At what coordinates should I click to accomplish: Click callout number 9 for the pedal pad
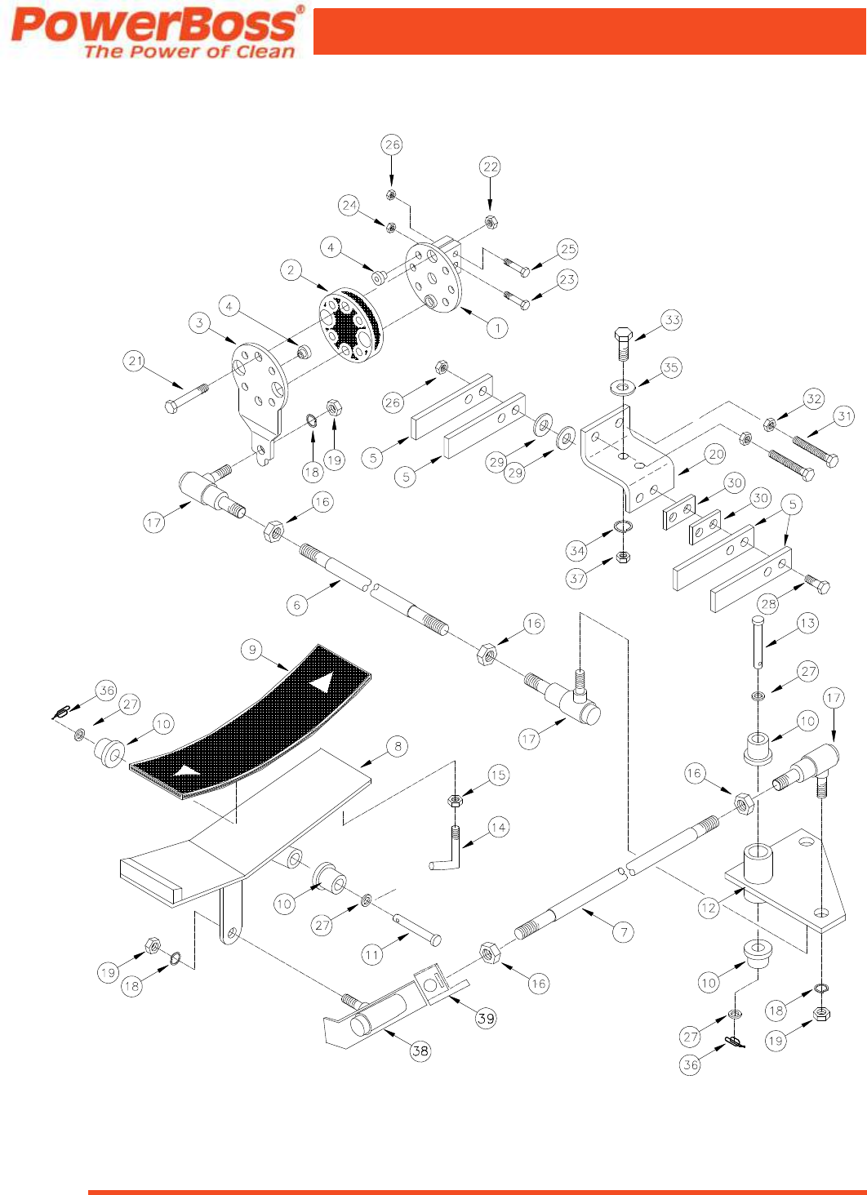(x=252, y=650)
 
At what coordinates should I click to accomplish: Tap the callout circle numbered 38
(x=420, y=1051)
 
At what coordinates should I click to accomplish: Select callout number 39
(x=486, y=1018)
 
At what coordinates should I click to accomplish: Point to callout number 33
(x=672, y=320)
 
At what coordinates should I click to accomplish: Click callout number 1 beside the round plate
(x=497, y=328)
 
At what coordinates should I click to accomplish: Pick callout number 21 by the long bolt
(x=135, y=361)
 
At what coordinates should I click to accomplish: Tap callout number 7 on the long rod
(x=623, y=932)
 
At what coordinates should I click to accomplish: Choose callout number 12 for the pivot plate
(x=709, y=908)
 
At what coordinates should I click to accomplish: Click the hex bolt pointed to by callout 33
(x=622, y=343)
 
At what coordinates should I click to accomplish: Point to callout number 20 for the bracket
(x=716, y=454)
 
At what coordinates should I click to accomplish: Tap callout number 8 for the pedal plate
(x=398, y=746)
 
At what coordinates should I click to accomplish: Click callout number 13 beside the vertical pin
(x=807, y=624)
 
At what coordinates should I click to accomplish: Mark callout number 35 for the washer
(x=670, y=367)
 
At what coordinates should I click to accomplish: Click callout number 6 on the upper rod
(x=297, y=605)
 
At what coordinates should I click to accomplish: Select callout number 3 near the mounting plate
(x=200, y=323)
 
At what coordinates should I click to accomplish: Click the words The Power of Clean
(x=189, y=52)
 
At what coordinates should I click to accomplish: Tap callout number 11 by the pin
(x=372, y=954)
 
